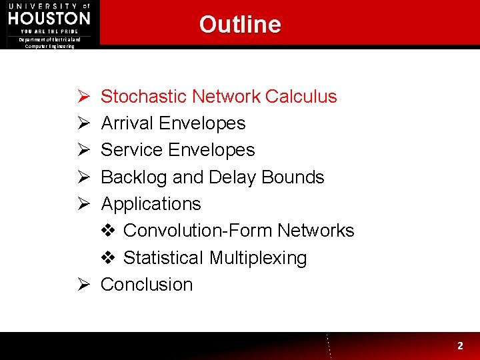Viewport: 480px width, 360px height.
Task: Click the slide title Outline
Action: [240, 25]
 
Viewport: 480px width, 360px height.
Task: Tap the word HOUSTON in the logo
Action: [49, 17]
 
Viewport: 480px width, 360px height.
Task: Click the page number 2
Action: [460, 346]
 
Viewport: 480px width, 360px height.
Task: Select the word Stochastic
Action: [143, 97]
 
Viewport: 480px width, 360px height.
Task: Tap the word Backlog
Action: [134, 177]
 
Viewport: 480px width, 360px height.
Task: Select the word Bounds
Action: [293, 177]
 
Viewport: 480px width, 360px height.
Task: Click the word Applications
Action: [151, 204]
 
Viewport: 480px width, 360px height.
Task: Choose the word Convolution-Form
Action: [198, 231]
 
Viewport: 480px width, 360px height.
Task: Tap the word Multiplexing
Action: [258, 258]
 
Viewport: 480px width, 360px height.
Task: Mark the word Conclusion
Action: [147, 285]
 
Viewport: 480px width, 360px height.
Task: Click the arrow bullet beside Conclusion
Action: [83, 285]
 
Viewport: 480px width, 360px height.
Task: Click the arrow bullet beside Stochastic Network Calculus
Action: [83, 97]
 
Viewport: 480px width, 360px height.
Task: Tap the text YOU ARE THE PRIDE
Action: [49, 31]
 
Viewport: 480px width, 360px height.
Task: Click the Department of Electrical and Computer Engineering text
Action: [50, 43]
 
